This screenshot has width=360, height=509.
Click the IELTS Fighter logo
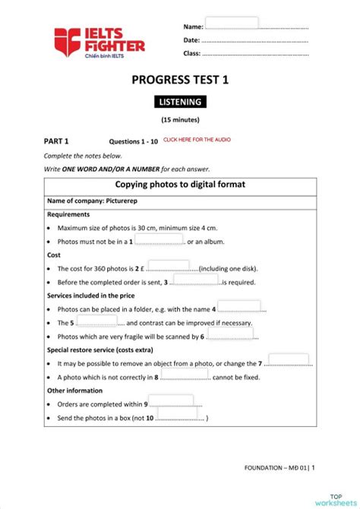tap(99, 41)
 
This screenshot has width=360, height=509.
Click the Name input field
tap(232, 23)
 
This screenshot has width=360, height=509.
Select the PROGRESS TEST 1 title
tap(179, 80)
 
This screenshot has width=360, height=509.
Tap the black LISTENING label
tap(180, 103)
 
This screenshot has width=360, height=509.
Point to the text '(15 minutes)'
tap(180, 120)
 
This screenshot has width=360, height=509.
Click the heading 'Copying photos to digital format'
tap(180, 185)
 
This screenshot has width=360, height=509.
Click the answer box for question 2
tap(169, 266)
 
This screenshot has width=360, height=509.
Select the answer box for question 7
tap(288, 360)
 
